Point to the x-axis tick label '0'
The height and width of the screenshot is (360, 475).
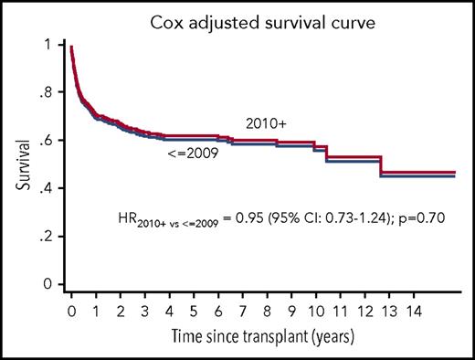point(71,311)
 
